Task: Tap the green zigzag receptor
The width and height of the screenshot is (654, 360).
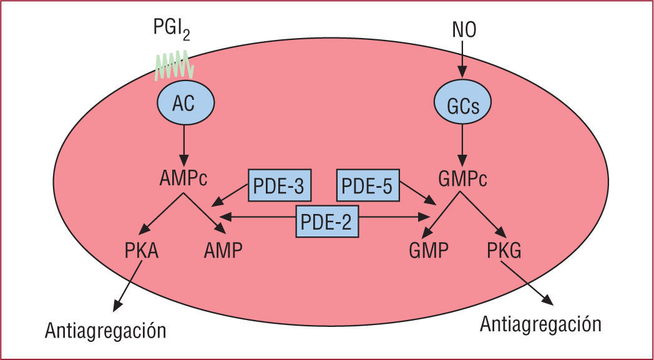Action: tap(175, 66)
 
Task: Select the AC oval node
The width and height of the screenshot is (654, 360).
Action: tap(184, 104)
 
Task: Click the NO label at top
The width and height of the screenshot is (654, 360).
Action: tap(462, 29)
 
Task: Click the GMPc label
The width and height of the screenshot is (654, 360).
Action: tap(463, 181)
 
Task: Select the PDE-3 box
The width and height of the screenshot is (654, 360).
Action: tap(280, 186)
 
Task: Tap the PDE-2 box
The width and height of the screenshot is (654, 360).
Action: tap(328, 221)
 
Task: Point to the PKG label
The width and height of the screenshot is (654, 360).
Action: tap(504, 253)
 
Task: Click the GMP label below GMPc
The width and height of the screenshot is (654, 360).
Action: tap(429, 253)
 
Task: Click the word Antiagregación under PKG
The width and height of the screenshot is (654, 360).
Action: tap(540, 324)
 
